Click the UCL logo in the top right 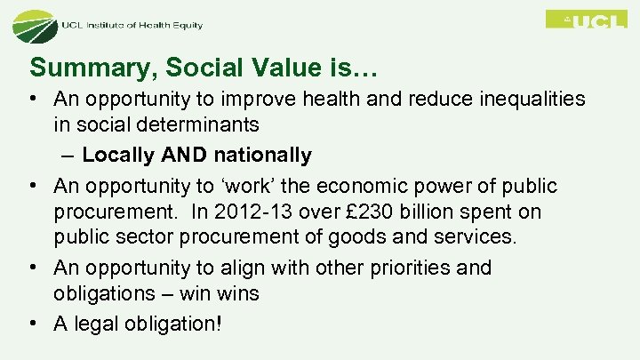click(x=586, y=19)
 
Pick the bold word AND click(x=183, y=155)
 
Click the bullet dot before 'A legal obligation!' click(x=36, y=324)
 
